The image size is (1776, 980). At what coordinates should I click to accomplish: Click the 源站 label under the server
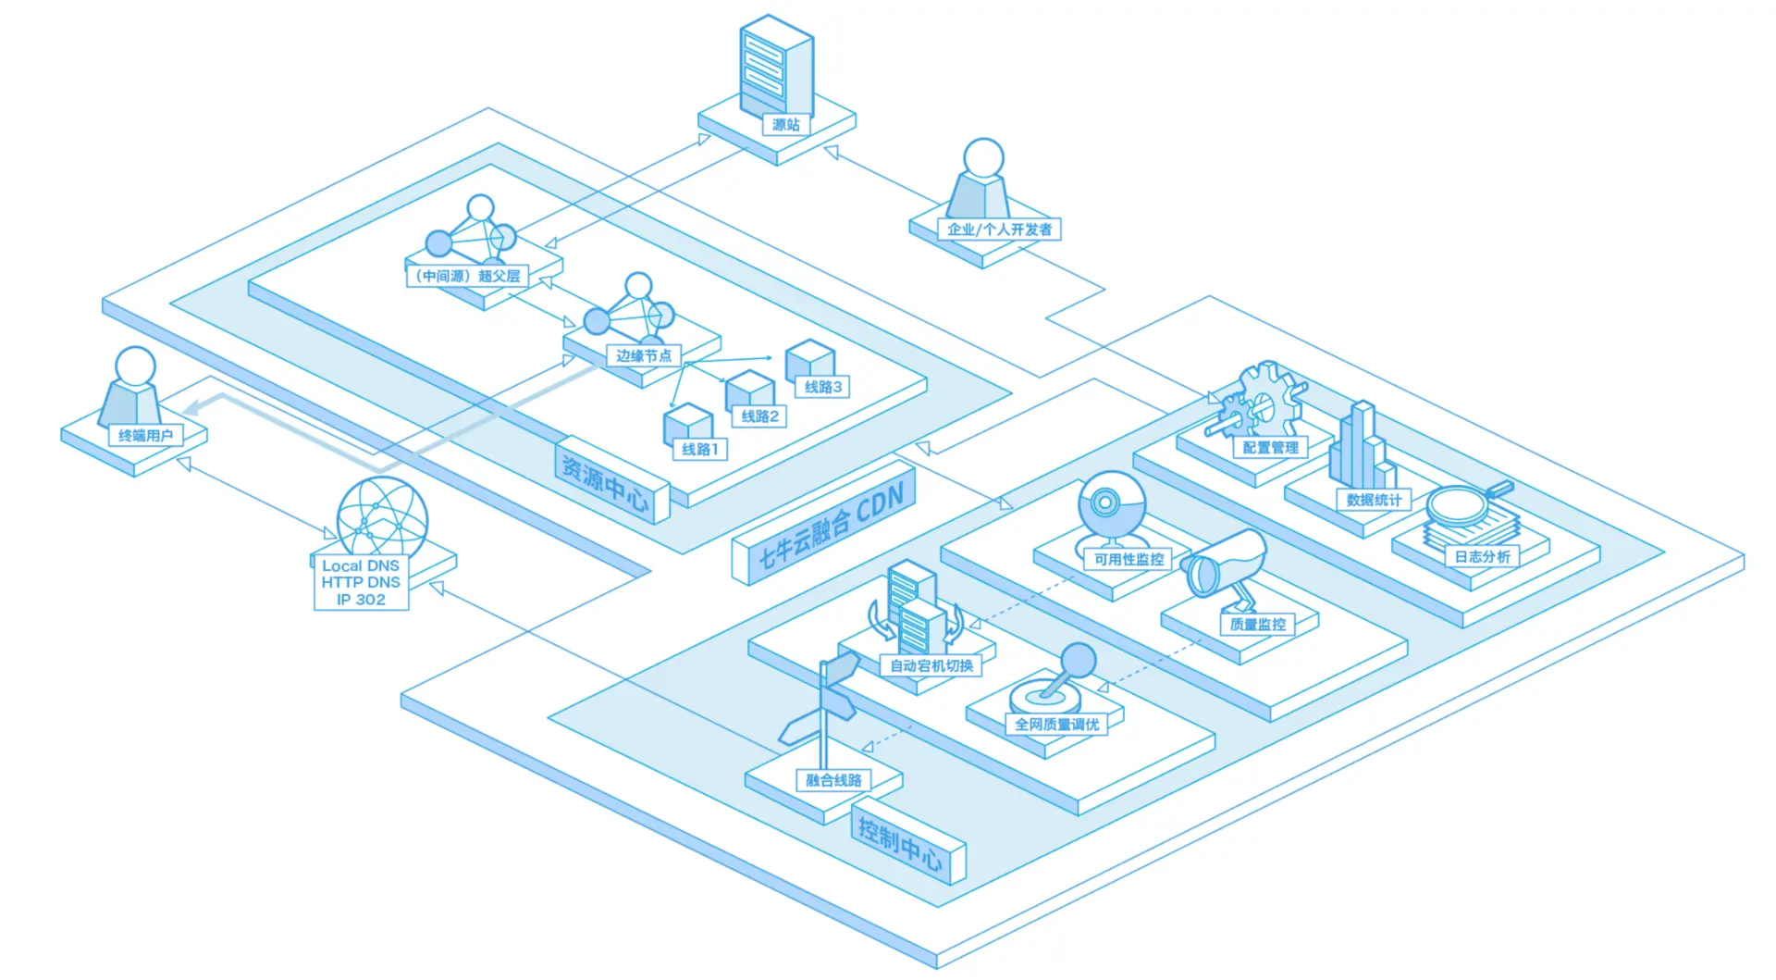(x=785, y=125)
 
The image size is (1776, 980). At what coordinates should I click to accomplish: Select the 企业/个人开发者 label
(x=999, y=229)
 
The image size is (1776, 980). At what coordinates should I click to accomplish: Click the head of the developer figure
(x=983, y=158)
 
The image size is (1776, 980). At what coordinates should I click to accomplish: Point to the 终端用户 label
(x=145, y=435)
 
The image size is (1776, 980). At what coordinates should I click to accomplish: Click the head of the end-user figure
(x=135, y=366)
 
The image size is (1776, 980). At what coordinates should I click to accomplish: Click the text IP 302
(x=361, y=600)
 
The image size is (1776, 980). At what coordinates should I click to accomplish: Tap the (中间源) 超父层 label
(x=467, y=276)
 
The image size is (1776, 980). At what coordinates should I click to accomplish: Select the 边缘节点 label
(x=644, y=355)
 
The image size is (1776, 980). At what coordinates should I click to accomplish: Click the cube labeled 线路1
(x=687, y=424)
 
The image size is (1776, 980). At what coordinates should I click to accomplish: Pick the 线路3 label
(x=822, y=387)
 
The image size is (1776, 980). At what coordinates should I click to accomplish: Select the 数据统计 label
(x=1374, y=500)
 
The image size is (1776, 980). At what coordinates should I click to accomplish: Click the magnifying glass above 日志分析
(x=1461, y=504)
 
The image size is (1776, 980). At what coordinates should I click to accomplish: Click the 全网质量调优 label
(x=1056, y=725)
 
